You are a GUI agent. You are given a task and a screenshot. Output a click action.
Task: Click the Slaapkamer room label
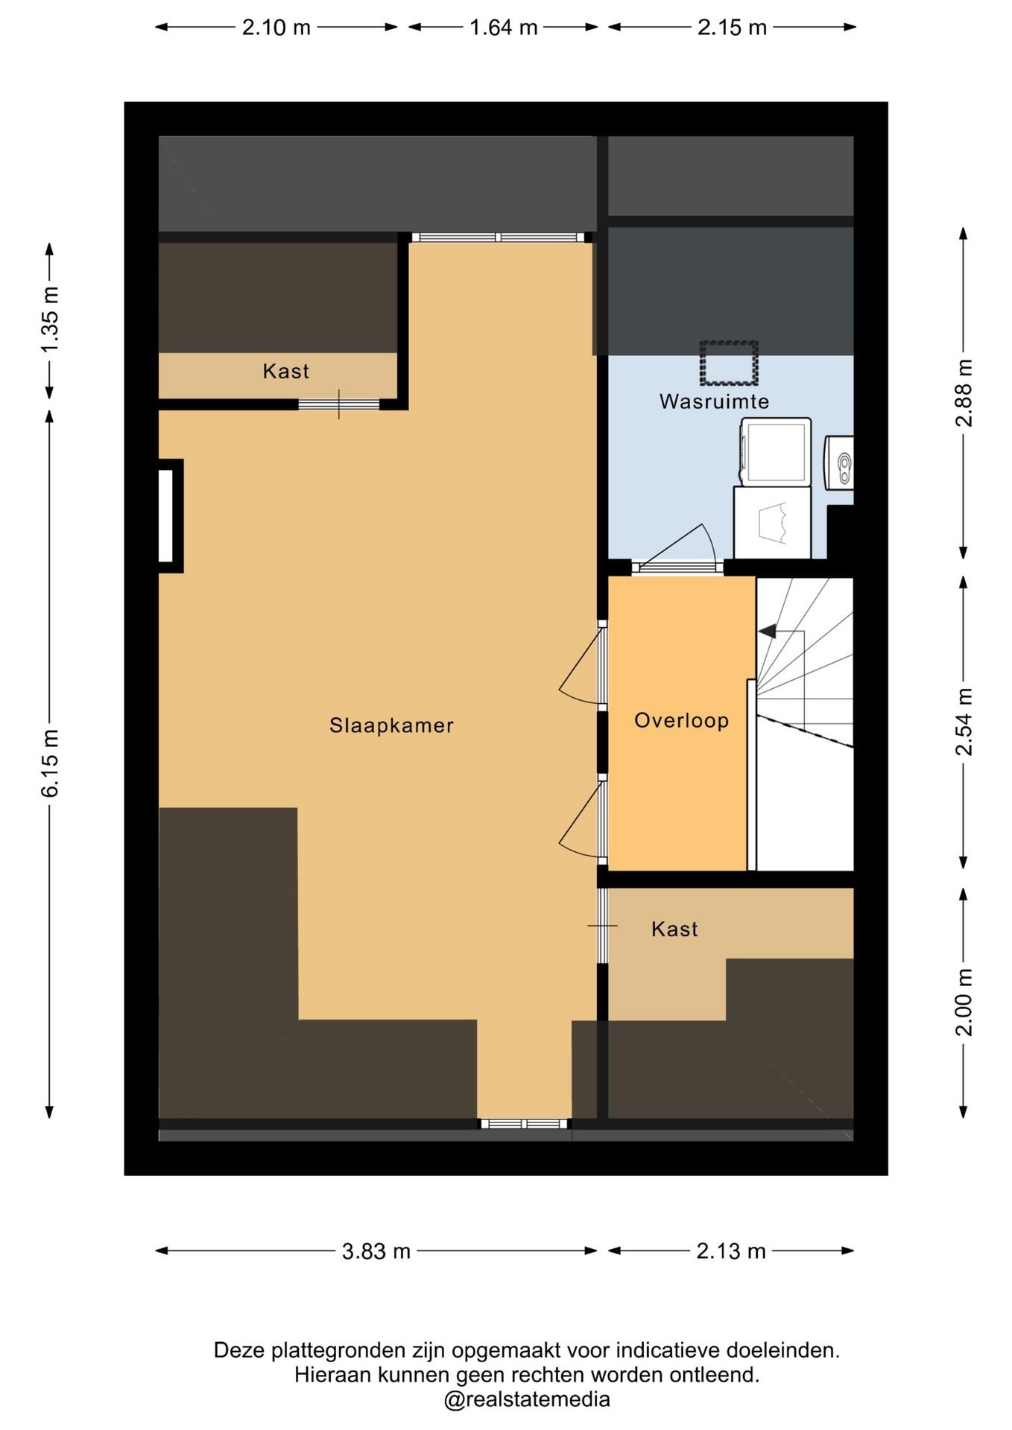pos(391,725)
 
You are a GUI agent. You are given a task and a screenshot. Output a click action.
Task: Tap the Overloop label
pos(681,721)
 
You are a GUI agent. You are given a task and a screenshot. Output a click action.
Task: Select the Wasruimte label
pos(714,401)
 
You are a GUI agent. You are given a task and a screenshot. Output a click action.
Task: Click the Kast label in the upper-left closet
pos(285,371)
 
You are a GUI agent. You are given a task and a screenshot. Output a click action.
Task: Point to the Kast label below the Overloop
pos(674,929)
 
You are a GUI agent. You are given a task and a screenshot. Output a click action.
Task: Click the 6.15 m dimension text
pos(50,763)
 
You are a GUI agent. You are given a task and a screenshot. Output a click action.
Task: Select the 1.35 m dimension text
pos(50,320)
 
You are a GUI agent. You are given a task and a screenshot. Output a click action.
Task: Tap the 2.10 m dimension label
pos(276,28)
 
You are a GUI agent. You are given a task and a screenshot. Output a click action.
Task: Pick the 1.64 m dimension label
pos(503,28)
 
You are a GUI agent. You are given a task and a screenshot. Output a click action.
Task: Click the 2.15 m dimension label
pos(732,28)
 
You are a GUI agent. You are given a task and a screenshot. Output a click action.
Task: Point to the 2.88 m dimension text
pos(964,393)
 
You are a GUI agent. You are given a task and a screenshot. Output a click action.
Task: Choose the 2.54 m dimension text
pos(964,722)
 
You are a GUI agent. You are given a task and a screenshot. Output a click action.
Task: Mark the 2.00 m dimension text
pos(964,1002)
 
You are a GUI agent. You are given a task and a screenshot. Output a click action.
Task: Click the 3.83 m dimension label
pos(376,1251)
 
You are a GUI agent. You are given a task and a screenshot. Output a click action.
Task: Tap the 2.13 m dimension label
pos(731,1251)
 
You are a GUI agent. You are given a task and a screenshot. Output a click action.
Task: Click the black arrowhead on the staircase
pos(768,632)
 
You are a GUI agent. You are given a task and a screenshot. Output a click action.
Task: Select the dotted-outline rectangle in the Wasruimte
pos(729,363)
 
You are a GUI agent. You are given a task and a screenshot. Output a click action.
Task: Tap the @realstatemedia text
pos(527,1399)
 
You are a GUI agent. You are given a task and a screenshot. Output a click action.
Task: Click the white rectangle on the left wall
pos(166,516)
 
